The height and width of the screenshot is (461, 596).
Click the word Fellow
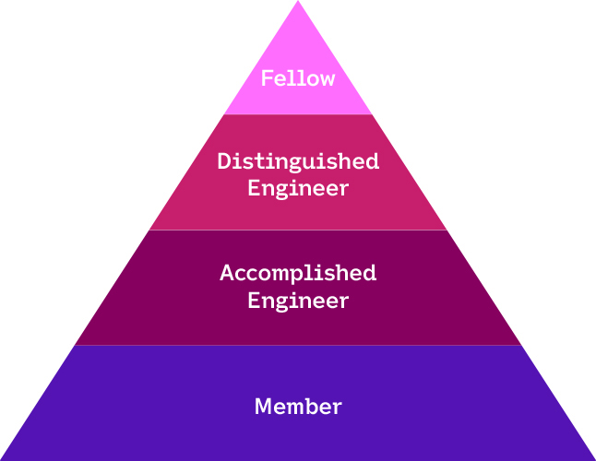[297, 78]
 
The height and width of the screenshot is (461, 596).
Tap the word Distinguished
[298, 161]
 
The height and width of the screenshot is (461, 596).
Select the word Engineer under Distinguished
[298, 188]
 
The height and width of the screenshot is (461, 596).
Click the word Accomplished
[298, 273]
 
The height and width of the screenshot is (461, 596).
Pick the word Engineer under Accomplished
[298, 300]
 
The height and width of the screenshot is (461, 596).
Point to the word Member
[298, 406]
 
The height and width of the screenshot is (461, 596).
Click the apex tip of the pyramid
[298, 3]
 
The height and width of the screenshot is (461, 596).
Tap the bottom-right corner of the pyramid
[592, 458]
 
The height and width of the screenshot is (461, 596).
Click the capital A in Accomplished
[227, 273]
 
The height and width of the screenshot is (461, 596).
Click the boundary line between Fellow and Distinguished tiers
[298, 114]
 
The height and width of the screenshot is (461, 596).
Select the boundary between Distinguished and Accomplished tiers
[298, 230]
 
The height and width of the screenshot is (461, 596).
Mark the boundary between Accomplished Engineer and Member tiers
[298, 346]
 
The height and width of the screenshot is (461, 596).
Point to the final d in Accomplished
[369, 273]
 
